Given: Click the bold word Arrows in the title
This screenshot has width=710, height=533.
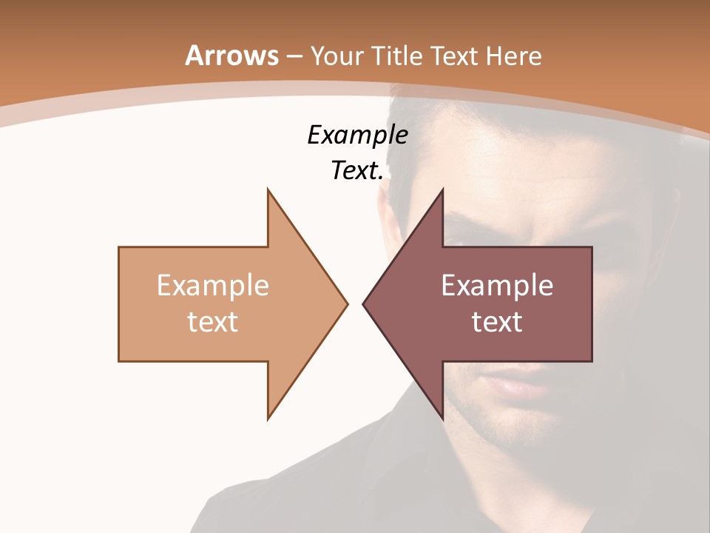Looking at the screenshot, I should (x=232, y=56).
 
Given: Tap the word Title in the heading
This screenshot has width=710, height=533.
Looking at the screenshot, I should (x=397, y=56).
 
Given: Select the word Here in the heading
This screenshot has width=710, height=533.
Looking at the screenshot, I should (x=515, y=56).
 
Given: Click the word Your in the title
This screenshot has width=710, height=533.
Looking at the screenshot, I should (x=337, y=56).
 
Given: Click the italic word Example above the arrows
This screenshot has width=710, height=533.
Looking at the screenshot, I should (x=357, y=135).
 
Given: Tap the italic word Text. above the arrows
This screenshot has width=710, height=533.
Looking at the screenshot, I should (x=357, y=170).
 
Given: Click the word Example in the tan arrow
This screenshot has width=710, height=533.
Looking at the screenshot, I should (x=212, y=285).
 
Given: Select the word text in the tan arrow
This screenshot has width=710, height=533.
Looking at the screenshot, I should (x=212, y=321).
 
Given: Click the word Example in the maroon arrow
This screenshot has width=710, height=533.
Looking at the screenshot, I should (x=497, y=285).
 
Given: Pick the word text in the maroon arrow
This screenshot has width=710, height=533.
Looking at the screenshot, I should (x=497, y=321).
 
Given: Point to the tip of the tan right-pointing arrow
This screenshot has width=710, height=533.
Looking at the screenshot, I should (x=347, y=304).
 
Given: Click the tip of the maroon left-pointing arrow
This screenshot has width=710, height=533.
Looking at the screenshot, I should (x=363, y=304).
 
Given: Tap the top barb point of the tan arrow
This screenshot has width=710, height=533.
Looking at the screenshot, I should (x=268, y=190).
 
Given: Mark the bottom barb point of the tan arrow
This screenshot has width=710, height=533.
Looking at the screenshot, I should (x=268, y=419).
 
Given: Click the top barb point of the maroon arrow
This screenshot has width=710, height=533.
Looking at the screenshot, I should (x=442, y=190).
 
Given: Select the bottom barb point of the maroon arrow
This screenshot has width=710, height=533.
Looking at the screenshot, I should (x=442, y=419).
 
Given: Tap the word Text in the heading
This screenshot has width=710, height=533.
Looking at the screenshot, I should (x=454, y=56).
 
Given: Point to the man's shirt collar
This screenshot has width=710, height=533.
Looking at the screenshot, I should (x=414, y=437).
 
